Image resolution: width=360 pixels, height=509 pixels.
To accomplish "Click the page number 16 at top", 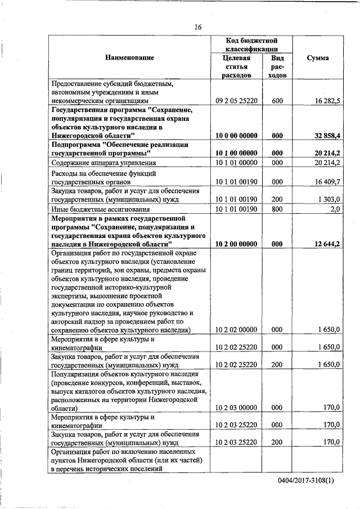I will coord(198,27).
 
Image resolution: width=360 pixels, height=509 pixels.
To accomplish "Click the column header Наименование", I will coord(129,57).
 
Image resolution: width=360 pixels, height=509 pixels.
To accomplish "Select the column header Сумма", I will coord(318,57).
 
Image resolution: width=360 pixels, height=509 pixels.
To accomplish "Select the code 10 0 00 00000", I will coord(236,136).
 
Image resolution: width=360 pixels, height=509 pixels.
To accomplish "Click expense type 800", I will coord(277,209).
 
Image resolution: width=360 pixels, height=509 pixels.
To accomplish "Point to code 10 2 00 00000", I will coord(236,244).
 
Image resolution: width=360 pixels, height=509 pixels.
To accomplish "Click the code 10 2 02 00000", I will coord(236,330).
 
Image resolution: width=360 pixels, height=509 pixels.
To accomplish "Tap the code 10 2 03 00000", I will coord(236,407).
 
